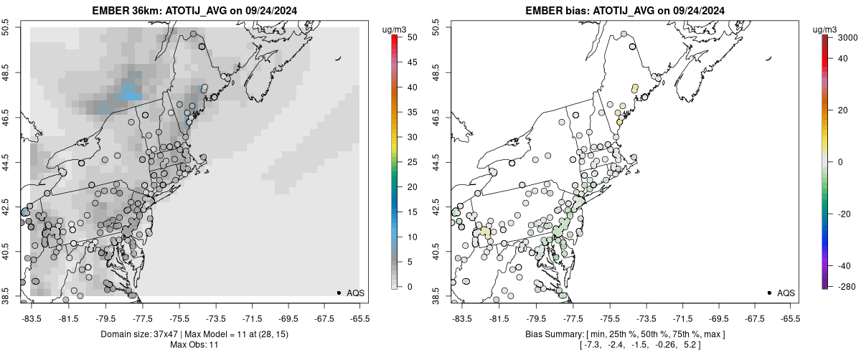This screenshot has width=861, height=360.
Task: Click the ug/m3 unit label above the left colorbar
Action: tap(395, 29)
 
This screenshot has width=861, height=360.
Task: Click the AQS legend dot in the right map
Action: tap(769, 293)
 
